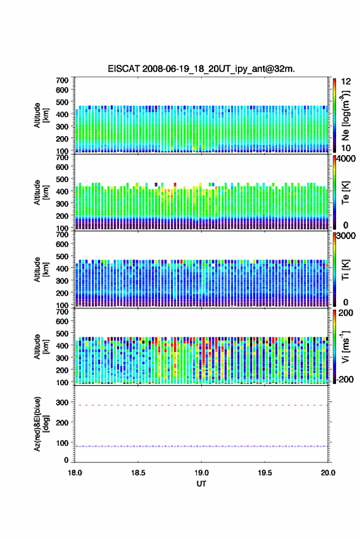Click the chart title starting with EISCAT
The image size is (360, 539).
(201, 69)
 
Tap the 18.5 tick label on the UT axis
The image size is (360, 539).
(138, 473)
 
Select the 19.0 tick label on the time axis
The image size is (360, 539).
(201, 473)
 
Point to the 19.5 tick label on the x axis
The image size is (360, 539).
(264, 473)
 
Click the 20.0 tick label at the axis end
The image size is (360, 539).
(327, 473)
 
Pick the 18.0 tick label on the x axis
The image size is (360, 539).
(75, 473)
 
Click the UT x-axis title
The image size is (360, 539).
(201, 484)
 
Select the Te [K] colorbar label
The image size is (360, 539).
(345, 193)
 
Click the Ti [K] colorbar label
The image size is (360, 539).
(345, 270)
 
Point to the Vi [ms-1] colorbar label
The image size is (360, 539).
(345, 346)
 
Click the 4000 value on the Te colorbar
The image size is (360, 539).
(347, 159)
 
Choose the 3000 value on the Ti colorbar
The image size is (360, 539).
(347, 236)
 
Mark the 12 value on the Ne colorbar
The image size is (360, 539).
(347, 82)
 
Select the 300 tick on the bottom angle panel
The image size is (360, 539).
(62, 402)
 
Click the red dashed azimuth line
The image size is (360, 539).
(201, 405)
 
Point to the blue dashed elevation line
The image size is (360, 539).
(201, 446)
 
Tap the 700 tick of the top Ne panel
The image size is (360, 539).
(62, 80)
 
